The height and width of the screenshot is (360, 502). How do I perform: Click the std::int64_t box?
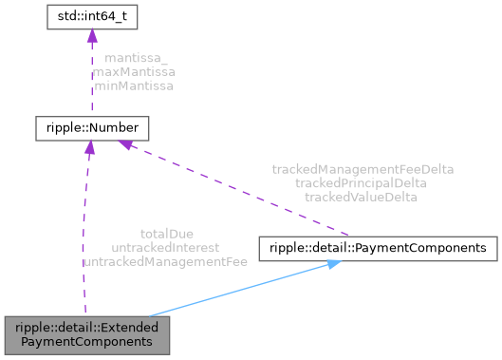point(89,16)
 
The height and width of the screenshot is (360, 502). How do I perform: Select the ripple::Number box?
point(91,126)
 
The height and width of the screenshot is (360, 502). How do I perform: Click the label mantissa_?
point(134,58)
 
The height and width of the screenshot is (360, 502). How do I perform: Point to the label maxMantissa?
point(134,71)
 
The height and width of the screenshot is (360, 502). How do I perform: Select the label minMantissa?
point(134,85)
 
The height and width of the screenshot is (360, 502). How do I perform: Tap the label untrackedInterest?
point(165,246)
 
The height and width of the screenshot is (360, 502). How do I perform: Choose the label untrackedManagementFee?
point(165,259)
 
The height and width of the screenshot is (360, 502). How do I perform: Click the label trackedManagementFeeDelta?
point(363,169)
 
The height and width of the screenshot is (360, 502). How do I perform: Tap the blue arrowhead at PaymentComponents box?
point(332,263)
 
